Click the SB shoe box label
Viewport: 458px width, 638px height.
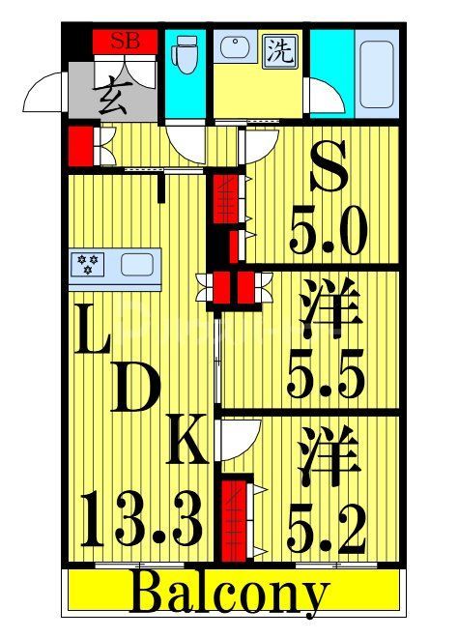[x=123, y=41]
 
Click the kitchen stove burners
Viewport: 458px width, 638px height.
[x=89, y=264]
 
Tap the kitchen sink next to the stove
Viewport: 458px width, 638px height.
[x=135, y=264]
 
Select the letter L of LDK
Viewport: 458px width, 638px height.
[x=93, y=339]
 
